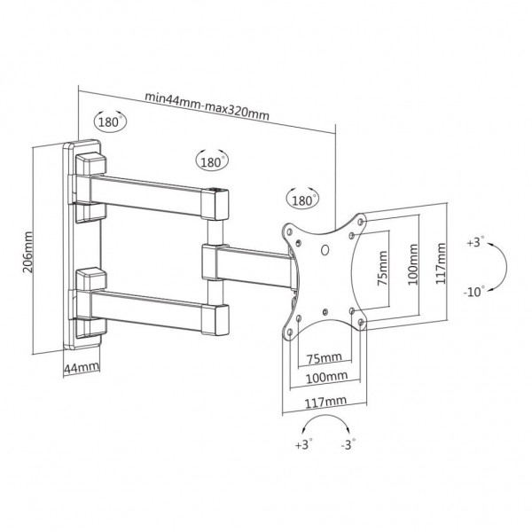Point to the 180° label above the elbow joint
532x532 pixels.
tap(210, 162)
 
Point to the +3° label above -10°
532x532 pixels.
tap(474, 241)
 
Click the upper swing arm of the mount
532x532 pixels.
tap(151, 193)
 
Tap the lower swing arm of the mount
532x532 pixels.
tap(151, 303)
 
